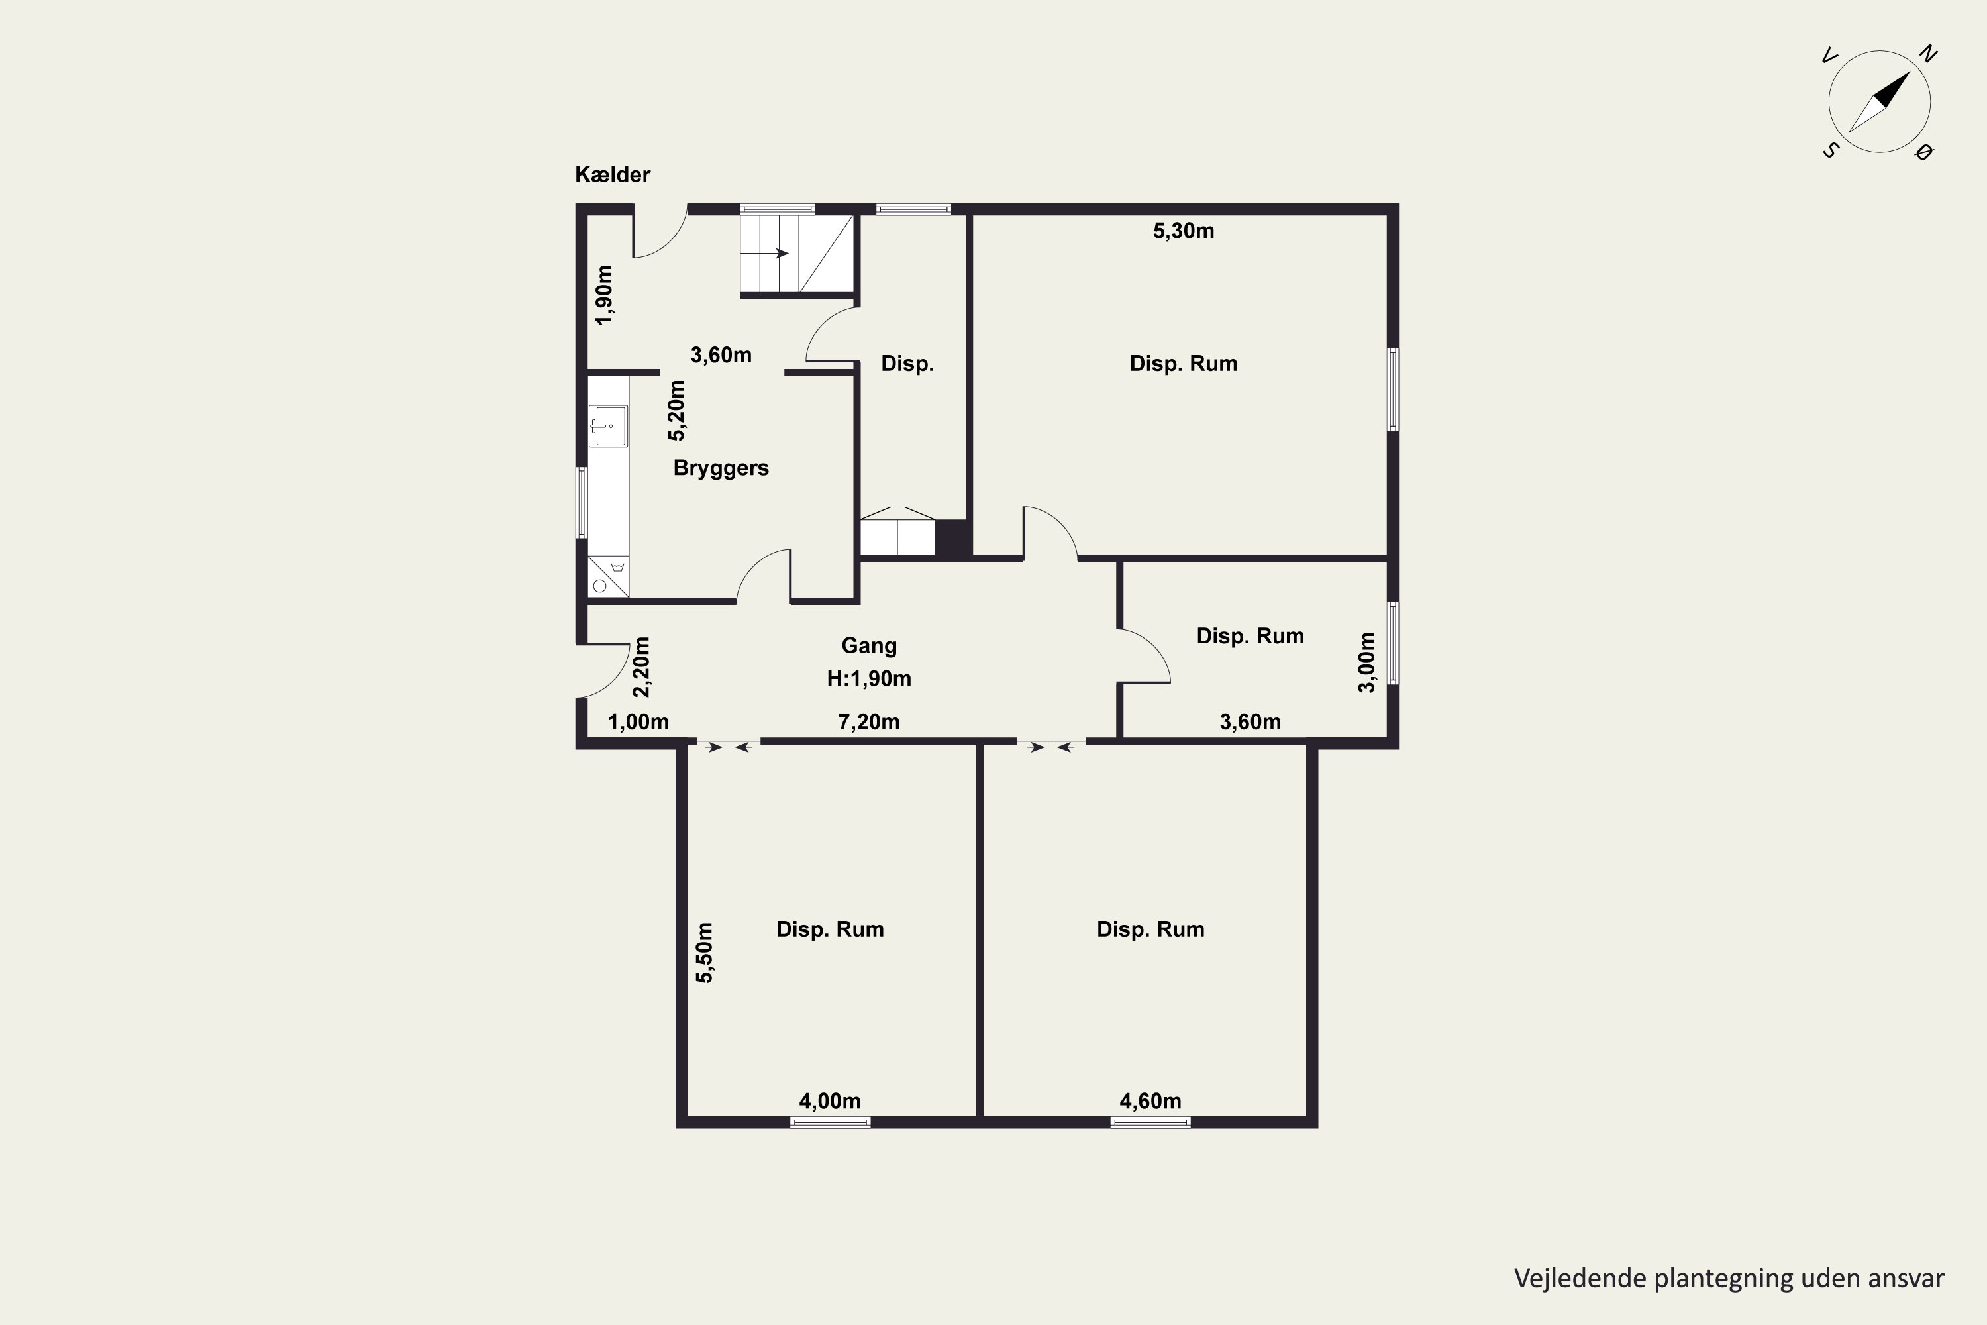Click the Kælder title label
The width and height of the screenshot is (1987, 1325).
click(x=613, y=175)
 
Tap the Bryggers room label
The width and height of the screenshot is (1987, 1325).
click(x=721, y=469)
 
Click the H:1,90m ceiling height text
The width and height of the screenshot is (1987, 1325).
click(x=868, y=678)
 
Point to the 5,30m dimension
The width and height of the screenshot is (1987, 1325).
click(x=1184, y=231)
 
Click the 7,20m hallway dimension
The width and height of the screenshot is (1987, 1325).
click(x=868, y=723)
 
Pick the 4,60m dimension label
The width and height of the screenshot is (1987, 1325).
click(x=1150, y=1102)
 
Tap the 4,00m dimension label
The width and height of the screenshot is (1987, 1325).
click(x=830, y=1102)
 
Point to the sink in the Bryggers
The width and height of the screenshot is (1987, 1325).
click(x=608, y=425)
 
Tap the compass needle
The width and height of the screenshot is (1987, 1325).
click(x=1879, y=102)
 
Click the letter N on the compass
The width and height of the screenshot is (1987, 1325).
click(x=1928, y=54)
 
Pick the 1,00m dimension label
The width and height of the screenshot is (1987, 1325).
click(x=638, y=723)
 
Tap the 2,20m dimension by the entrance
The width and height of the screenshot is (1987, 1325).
click(x=642, y=666)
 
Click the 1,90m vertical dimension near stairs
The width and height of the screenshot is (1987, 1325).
click(x=604, y=295)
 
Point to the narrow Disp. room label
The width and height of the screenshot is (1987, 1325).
click(x=907, y=364)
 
